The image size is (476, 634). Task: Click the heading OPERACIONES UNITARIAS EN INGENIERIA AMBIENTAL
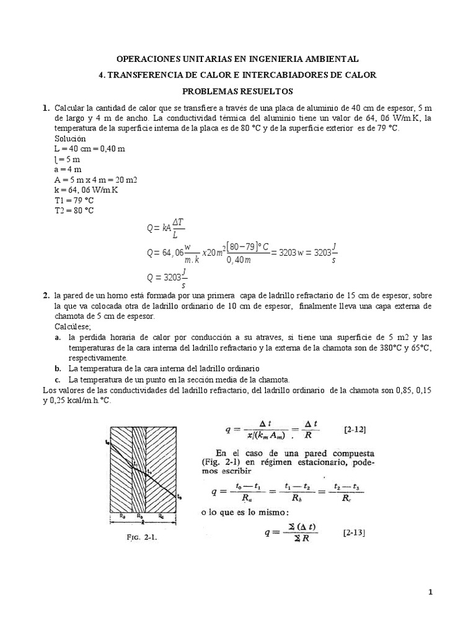tap(237, 59)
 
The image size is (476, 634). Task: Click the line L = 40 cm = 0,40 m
tap(90, 149)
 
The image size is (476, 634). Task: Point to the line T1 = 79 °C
tap(74, 200)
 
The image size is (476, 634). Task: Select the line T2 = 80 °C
tap(74, 211)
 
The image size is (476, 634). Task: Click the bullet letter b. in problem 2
tap(57, 368)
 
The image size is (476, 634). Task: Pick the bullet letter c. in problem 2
tap(57, 379)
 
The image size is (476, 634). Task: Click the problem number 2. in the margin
tap(46, 295)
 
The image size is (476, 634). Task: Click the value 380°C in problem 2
tap(381, 347)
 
